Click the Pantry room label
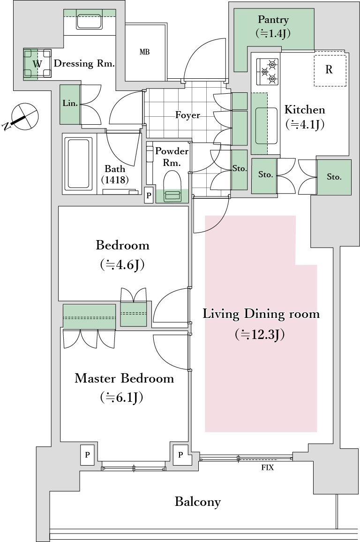click(273, 20)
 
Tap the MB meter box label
click(144, 52)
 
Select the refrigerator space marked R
click(330, 70)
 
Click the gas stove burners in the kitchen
click(267, 72)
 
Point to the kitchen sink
click(266, 126)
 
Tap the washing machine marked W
click(37, 64)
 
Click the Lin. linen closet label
click(70, 103)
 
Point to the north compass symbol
click(24, 117)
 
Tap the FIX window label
click(267, 467)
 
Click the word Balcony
click(198, 502)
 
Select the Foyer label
click(187, 115)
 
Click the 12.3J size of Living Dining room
click(260, 335)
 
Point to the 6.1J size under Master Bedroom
click(121, 398)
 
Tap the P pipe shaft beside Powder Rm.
click(149, 196)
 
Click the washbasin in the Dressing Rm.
click(89, 22)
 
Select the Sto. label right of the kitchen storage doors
click(334, 177)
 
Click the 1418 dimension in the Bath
click(115, 180)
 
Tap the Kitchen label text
click(305, 110)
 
